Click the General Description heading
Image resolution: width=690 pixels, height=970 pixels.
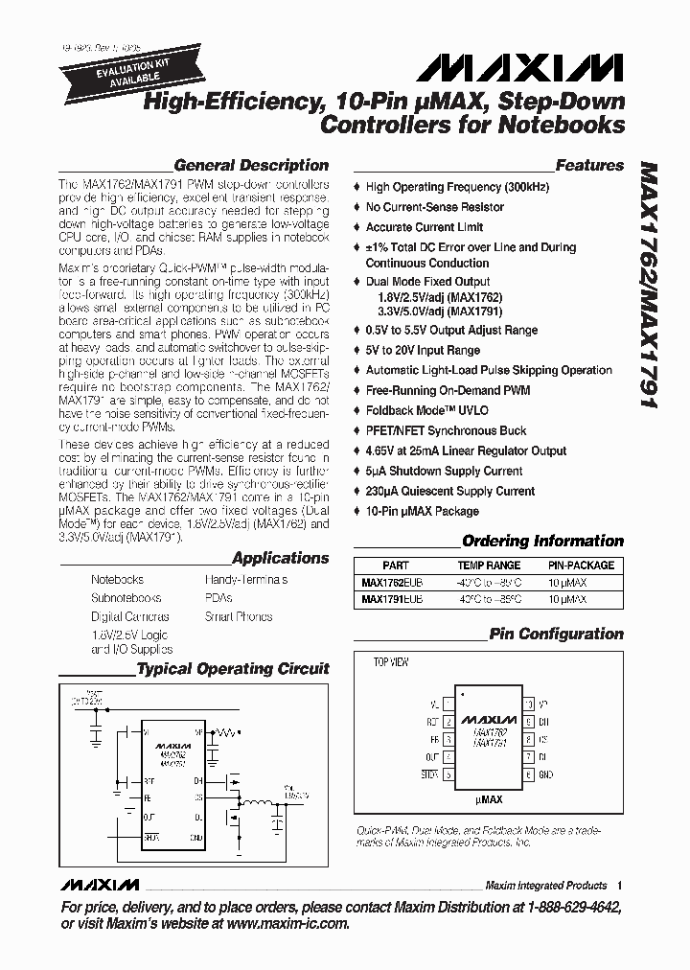[251, 165]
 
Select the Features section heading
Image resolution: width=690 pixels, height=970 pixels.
[589, 165]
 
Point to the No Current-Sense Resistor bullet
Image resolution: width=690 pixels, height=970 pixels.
[434, 207]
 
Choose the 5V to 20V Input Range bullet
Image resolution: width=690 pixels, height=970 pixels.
[423, 351]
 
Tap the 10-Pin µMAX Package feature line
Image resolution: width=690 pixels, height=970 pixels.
[422, 512]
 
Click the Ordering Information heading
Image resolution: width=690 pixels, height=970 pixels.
[542, 541]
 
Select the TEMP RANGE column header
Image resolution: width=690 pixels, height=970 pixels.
[489, 566]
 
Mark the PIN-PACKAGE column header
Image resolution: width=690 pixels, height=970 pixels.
[581, 566]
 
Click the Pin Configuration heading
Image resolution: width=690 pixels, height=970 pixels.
[556, 634]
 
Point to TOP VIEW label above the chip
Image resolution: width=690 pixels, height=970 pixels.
[391, 662]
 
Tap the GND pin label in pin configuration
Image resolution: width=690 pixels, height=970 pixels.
[546, 774]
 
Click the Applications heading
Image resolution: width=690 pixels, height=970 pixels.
[280, 558]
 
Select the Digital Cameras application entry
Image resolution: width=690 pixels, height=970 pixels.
[130, 616]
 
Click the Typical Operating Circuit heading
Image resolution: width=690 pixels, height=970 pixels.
[233, 669]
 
